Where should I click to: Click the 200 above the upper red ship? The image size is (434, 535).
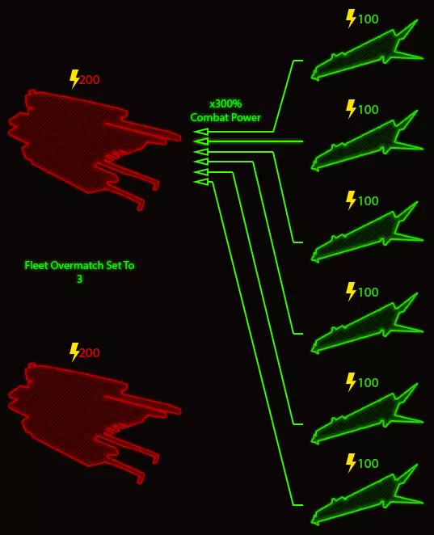tap(90, 80)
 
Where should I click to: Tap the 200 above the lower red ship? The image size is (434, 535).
tap(90, 353)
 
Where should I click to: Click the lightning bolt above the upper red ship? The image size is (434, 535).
tap(74, 79)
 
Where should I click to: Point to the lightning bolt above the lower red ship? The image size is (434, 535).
tap(74, 352)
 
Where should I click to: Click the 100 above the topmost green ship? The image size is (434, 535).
tap(369, 19)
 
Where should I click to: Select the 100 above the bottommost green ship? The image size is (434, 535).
tap(369, 464)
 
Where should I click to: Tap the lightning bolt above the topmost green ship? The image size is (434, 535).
tap(351, 19)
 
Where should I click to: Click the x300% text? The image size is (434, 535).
tap(225, 103)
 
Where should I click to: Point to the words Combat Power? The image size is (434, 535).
tap(225, 118)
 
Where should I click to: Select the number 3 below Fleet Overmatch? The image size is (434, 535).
tap(79, 280)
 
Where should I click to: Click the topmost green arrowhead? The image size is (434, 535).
tap(201, 132)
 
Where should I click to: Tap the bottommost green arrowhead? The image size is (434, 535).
tap(201, 182)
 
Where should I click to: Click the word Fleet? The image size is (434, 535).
tap(36, 265)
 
